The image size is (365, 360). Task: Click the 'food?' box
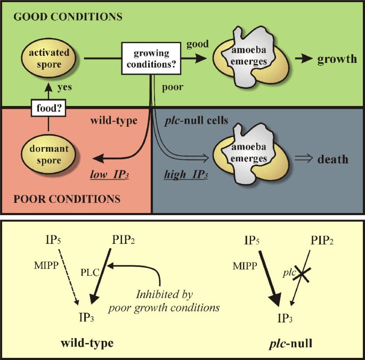click(x=45, y=109)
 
